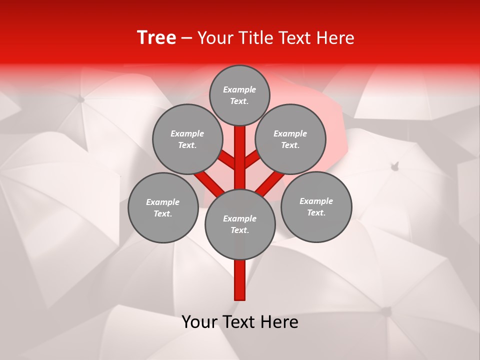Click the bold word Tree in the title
(156, 38)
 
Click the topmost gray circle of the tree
(239, 95)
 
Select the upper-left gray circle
(187, 139)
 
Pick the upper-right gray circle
(290, 139)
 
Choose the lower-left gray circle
(163, 208)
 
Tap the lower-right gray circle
(316, 207)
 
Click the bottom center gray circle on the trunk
(240, 224)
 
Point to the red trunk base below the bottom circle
(240, 280)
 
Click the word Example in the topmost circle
(239, 90)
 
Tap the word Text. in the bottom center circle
(240, 230)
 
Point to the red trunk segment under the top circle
(240, 150)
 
